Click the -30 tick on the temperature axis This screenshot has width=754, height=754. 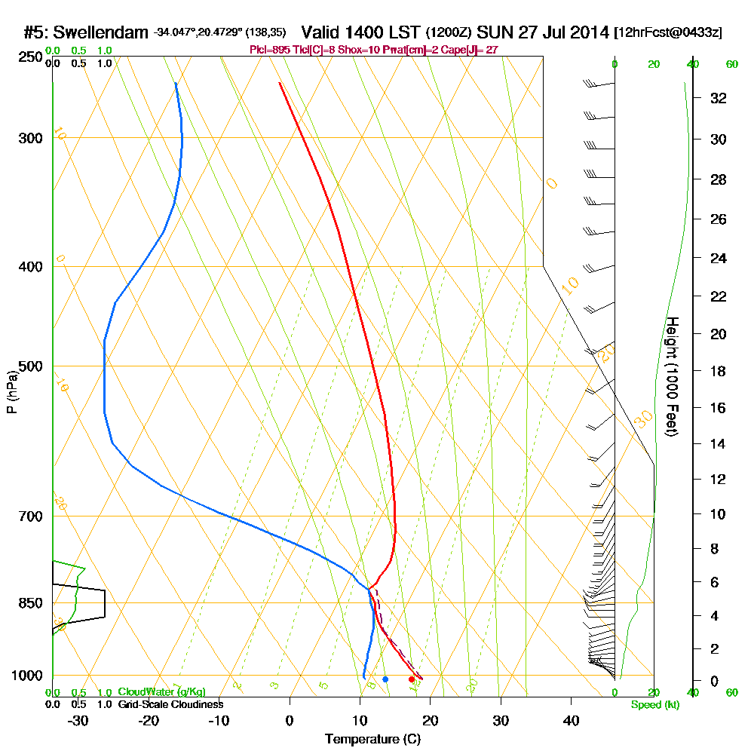tap(78, 720)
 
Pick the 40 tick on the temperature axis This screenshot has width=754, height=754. tap(571, 720)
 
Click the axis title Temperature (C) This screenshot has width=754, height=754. tap(372, 740)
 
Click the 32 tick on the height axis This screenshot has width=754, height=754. tap(719, 98)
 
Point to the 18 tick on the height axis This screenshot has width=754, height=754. tap(719, 371)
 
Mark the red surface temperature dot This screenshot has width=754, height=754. tap(411, 679)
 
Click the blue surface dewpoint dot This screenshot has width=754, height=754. tap(385, 679)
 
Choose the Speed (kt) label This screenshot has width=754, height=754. tap(653, 705)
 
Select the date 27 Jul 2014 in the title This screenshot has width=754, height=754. tap(564, 32)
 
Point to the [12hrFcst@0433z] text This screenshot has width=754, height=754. tap(669, 32)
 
